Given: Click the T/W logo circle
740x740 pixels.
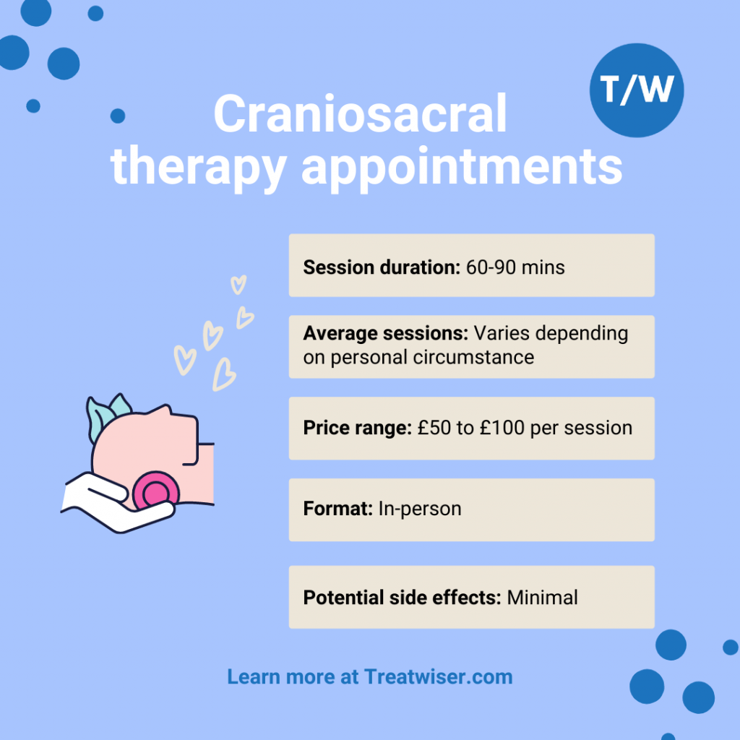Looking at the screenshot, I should click(x=637, y=90).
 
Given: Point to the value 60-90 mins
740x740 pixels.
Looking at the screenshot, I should click(x=515, y=267).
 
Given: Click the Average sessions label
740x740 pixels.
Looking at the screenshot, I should click(x=386, y=334).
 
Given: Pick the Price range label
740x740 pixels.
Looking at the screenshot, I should click(x=357, y=427).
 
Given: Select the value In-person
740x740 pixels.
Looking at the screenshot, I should click(x=419, y=509).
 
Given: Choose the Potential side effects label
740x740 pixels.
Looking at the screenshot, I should click(x=402, y=598).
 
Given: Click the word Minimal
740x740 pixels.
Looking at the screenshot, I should click(x=542, y=598).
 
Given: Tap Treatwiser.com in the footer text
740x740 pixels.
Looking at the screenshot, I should click(x=439, y=677).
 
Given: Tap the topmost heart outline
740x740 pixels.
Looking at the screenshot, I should click(x=238, y=285).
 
